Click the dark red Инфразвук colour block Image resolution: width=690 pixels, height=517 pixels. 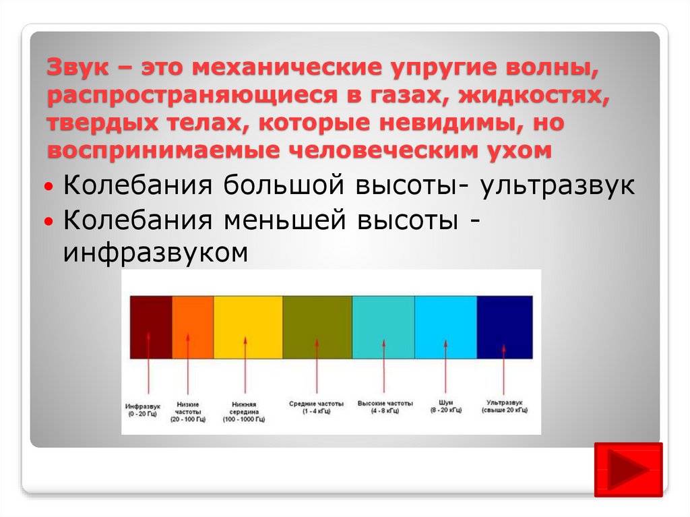151,327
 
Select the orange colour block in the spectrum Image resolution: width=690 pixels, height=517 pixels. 193,327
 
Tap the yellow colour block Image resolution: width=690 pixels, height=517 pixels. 248,327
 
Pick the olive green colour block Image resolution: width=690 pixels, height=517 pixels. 317,327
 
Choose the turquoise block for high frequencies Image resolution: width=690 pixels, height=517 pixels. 383,327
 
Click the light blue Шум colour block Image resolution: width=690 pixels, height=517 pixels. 446,327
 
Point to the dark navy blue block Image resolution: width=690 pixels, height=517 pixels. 505,327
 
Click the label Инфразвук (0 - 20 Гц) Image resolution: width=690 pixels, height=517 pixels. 143,410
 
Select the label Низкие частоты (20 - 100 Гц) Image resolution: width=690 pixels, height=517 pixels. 188,412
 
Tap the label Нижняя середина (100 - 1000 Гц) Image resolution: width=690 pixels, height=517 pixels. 244,412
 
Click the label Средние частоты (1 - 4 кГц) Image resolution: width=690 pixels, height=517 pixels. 316,407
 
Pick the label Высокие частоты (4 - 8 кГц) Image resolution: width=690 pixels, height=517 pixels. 385,407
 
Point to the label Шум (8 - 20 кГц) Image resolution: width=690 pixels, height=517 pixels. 446,406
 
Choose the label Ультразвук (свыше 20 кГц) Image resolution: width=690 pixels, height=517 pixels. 504,406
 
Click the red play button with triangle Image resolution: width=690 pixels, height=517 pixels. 629,469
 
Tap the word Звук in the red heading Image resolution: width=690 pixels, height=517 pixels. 77,67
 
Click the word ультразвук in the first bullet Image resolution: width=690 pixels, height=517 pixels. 557,185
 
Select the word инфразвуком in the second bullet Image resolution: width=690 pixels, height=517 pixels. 156,252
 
